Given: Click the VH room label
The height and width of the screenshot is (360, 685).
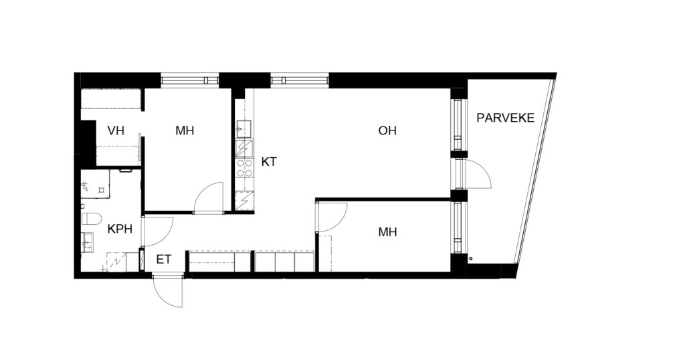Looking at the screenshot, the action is pyautogui.click(x=116, y=130).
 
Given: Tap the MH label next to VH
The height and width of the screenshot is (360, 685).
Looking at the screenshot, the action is pyautogui.click(x=185, y=130).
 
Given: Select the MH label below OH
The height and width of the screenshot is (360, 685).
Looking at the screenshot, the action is pyautogui.click(x=387, y=232).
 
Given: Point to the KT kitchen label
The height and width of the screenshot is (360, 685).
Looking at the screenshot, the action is pyautogui.click(x=269, y=162).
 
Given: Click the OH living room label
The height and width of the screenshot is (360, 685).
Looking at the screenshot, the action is pyautogui.click(x=387, y=130).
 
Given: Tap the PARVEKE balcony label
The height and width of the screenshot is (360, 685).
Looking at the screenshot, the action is pyautogui.click(x=506, y=118).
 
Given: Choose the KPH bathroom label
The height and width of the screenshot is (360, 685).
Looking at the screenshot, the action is pyautogui.click(x=120, y=228).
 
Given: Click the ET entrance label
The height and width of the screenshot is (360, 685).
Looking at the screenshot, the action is pyautogui.click(x=164, y=260).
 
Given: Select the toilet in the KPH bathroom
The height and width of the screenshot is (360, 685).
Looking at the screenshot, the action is pyautogui.click(x=91, y=217).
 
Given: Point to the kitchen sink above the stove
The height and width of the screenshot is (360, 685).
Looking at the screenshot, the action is pyautogui.click(x=244, y=128).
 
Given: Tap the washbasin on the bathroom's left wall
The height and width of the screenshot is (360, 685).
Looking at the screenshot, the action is pyautogui.click(x=88, y=242).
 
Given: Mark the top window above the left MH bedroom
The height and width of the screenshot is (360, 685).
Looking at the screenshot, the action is pyautogui.click(x=189, y=81).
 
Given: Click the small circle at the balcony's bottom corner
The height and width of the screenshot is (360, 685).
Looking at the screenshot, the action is pyautogui.click(x=471, y=259).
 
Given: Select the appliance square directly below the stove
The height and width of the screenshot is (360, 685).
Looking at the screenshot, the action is pyautogui.click(x=244, y=201).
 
